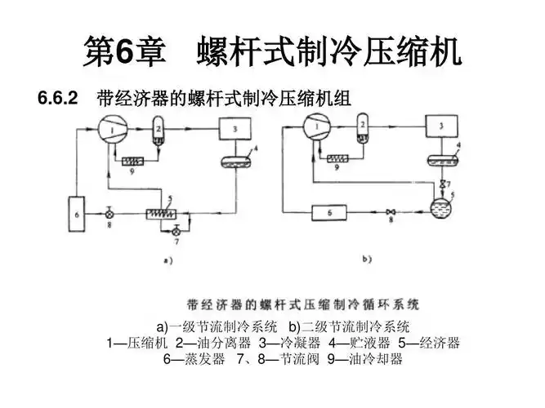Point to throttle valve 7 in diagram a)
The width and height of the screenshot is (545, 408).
point(175,233)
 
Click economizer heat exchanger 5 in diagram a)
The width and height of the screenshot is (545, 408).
point(163,213)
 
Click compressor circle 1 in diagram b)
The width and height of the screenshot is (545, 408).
point(315,126)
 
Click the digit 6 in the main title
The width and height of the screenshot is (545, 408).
point(124,53)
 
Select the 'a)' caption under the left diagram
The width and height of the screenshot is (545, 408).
point(166,262)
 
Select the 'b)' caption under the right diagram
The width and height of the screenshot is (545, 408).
point(367,259)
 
